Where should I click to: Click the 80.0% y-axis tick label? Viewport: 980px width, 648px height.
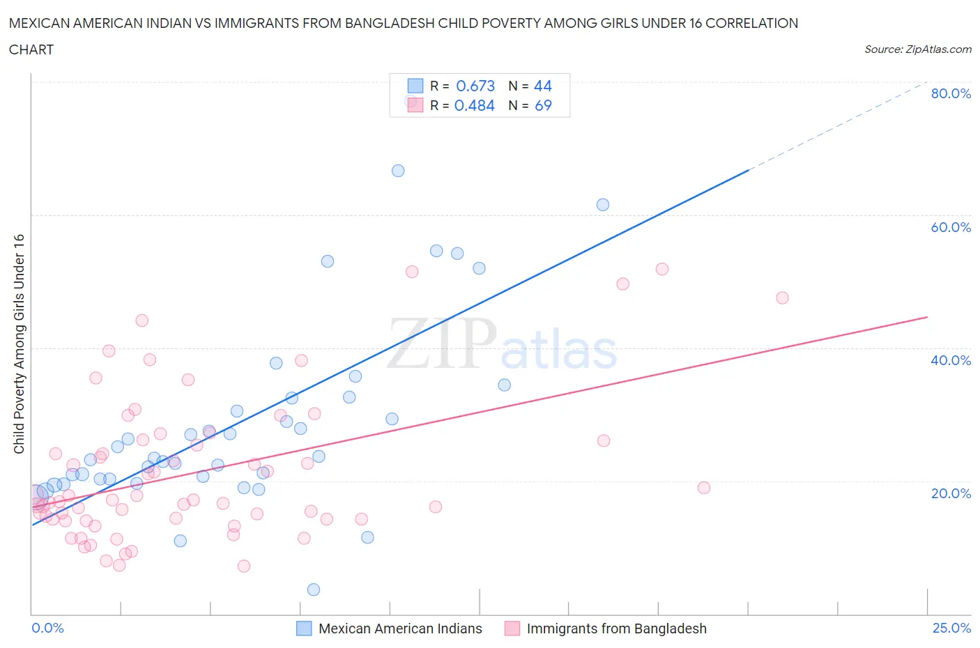pos(951,93)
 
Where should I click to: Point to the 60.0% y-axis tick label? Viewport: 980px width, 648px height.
pos(951,227)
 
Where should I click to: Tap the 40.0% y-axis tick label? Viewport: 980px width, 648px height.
pos(951,360)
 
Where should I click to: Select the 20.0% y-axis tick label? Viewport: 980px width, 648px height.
pos(951,493)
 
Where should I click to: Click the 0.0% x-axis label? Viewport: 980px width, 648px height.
pos(47,628)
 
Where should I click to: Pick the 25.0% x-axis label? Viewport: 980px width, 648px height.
pos(951,628)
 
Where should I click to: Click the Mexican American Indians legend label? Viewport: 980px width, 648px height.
pos(400,628)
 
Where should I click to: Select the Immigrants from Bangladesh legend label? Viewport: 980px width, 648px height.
pos(616,628)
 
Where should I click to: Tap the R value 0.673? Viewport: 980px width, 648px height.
pos(475,86)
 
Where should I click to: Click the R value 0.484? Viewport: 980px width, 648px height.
pos(475,105)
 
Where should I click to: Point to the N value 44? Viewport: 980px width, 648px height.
pos(542,86)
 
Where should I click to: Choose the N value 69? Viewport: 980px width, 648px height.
pos(543,105)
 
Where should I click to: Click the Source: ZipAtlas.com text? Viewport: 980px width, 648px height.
pos(917,49)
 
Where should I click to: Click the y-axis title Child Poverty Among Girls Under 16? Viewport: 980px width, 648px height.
pos(20,344)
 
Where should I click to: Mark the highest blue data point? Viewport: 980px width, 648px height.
pos(398,171)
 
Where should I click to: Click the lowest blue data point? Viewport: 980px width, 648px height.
pos(314,589)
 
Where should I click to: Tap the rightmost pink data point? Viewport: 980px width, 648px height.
pos(782,298)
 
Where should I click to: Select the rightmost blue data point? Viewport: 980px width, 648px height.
pos(603,205)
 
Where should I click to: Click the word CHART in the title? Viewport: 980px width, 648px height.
pos(31,49)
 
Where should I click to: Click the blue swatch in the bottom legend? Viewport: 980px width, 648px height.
pos(304,628)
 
